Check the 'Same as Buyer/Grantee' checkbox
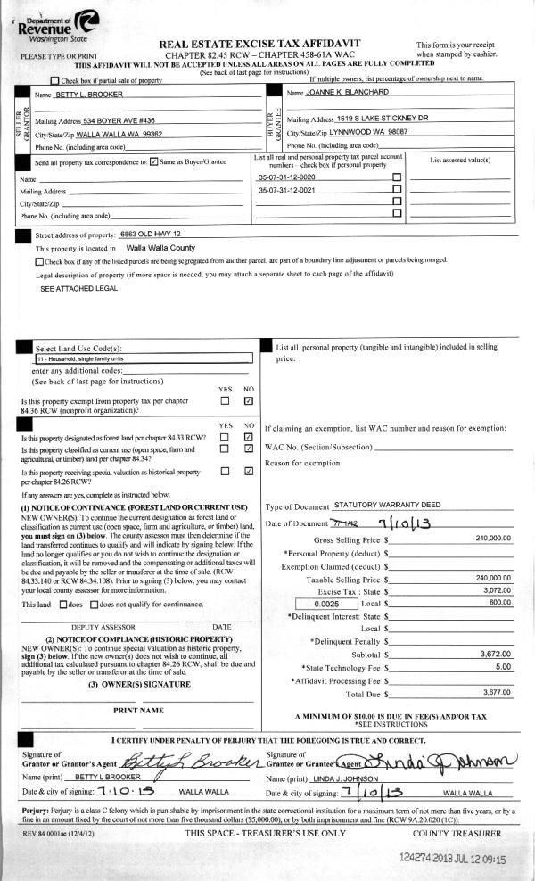(x=154, y=162)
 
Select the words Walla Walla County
(x=160, y=248)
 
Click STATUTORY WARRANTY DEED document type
(x=387, y=505)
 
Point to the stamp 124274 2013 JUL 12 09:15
(x=453, y=859)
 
